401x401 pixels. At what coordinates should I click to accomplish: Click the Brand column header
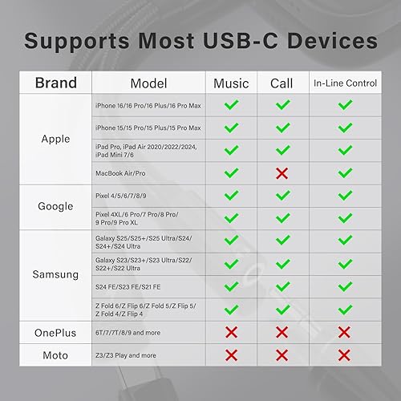tap(55, 83)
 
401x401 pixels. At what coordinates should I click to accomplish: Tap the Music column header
tap(231, 83)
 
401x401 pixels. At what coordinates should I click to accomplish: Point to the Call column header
tap(282, 83)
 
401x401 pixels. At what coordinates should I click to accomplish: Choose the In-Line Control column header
tap(345, 83)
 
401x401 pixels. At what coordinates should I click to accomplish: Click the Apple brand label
tap(55, 139)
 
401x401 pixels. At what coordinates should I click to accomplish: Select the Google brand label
tap(55, 206)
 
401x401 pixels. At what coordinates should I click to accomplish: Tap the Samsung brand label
tap(55, 274)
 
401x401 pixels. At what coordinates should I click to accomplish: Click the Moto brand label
tap(55, 354)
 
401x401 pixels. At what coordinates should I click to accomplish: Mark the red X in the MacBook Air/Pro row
tap(282, 172)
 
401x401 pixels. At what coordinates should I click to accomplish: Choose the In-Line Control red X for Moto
tap(345, 354)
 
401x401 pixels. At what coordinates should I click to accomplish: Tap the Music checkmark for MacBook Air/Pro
tap(231, 172)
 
